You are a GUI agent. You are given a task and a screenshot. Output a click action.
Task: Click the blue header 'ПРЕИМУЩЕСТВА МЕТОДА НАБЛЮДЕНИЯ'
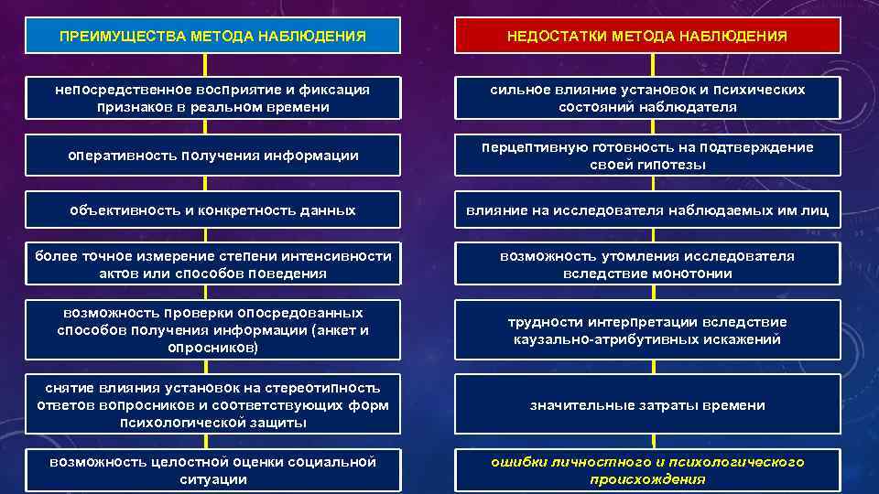point(212,37)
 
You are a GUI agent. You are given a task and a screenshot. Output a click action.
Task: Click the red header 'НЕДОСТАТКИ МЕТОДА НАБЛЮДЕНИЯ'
point(647,37)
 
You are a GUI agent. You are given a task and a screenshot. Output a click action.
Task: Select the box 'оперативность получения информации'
point(212,156)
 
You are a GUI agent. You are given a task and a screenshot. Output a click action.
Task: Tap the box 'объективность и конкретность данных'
point(212,210)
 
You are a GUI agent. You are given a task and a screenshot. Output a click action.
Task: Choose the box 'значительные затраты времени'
point(647,405)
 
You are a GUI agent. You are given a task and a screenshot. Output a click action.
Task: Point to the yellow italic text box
point(647,470)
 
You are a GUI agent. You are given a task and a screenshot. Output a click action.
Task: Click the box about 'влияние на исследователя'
point(647,210)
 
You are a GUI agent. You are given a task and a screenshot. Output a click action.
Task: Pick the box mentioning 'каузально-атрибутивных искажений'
point(647,330)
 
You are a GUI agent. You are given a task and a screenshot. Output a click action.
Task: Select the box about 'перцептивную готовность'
point(647,156)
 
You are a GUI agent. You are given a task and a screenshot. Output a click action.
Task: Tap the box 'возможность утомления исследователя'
point(647,264)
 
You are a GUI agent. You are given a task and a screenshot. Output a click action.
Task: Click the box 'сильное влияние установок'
point(647,98)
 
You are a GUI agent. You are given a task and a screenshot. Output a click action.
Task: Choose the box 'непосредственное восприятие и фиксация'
point(212,98)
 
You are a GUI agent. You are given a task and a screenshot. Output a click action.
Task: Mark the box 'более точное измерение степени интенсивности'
point(212,264)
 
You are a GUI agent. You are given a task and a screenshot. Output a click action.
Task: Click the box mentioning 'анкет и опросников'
point(212,330)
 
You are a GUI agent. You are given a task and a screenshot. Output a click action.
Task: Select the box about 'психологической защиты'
point(212,405)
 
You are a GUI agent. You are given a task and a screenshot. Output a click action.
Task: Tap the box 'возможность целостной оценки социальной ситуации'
point(212,470)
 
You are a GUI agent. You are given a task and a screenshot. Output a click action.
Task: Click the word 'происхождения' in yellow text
point(647,479)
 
